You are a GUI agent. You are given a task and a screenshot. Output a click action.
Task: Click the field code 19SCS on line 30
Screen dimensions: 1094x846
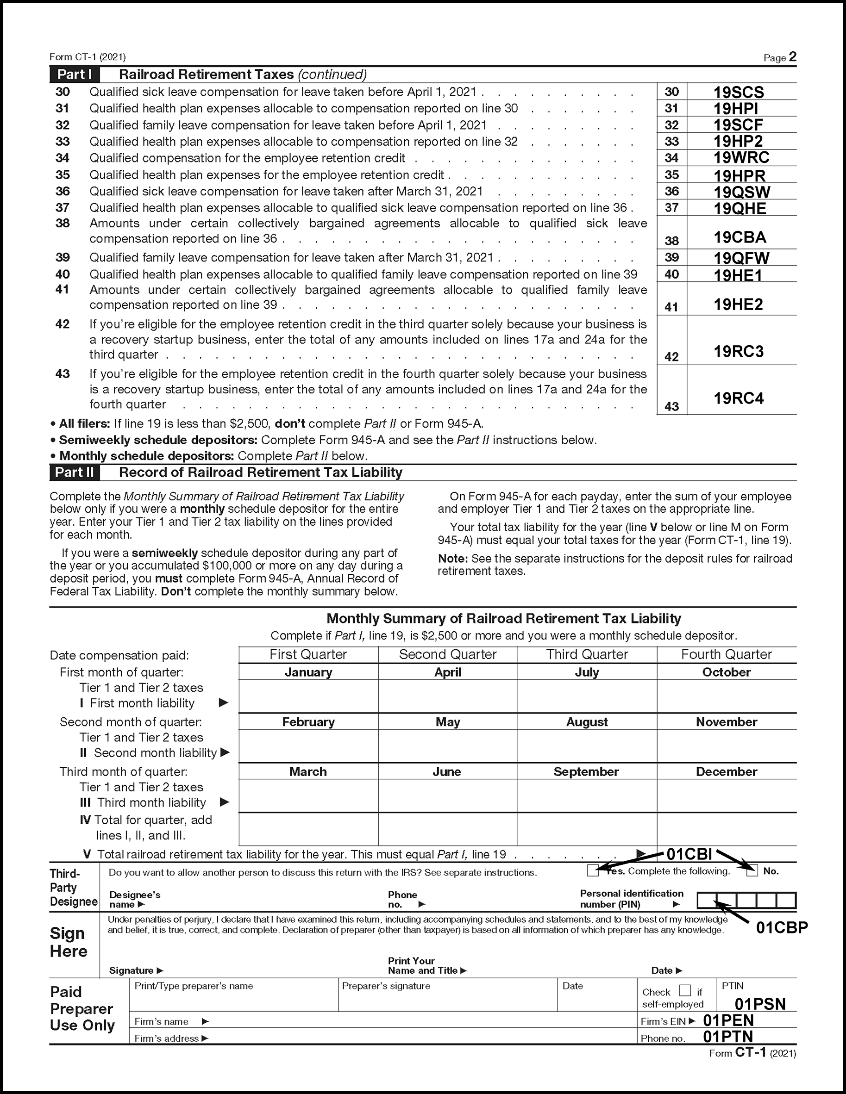click(x=738, y=93)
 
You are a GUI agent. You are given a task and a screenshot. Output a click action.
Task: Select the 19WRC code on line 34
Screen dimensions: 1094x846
click(x=741, y=158)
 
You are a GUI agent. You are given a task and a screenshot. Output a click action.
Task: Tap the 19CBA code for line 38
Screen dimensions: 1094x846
click(x=740, y=237)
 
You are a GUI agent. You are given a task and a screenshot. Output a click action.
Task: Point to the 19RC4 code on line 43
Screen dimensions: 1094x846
click(x=738, y=398)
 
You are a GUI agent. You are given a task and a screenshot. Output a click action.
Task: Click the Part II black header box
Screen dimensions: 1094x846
click(x=74, y=472)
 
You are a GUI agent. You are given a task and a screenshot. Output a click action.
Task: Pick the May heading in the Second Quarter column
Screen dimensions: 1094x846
click(x=448, y=722)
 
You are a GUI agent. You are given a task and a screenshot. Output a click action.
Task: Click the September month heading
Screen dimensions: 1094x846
click(x=586, y=771)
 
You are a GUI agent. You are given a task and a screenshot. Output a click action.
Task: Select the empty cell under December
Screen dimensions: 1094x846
click(x=726, y=796)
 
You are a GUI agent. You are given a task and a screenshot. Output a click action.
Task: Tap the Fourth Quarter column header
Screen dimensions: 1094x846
click(x=726, y=654)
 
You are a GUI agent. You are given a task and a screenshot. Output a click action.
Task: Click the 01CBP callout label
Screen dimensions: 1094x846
click(x=782, y=928)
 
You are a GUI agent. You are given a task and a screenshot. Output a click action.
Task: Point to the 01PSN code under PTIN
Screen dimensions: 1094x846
click(x=760, y=1004)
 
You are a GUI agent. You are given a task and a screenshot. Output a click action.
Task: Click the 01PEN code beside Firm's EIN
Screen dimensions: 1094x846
click(x=728, y=1020)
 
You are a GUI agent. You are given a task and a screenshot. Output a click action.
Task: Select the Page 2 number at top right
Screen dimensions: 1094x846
click(x=792, y=56)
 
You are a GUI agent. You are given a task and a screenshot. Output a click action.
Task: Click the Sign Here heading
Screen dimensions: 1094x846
click(x=69, y=942)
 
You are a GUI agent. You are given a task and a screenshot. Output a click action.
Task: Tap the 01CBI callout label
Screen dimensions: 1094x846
click(x=689, y=855)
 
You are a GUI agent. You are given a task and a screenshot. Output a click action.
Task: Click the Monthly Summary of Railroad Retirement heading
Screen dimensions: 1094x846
click(x=504, y=619)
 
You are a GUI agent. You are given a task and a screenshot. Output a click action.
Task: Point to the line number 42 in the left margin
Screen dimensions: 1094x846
click(x=62, y=324)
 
